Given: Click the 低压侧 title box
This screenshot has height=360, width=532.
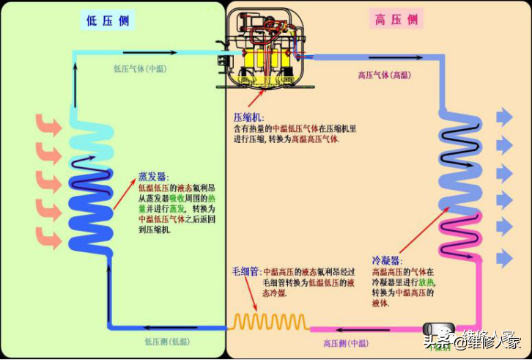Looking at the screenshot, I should (108, 20).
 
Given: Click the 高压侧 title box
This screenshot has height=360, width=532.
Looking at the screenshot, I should (396, 20).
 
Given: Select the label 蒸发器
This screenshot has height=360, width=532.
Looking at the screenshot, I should (153, 177).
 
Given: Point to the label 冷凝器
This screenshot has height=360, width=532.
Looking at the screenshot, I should (385, 260).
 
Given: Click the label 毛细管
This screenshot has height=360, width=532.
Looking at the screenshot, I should (246, 271).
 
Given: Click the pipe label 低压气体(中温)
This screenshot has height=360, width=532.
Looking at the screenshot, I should (140, 70).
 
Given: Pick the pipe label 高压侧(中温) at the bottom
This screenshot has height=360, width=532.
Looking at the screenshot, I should (346, 342).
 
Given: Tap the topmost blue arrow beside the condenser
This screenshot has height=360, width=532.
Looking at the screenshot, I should (505, 117).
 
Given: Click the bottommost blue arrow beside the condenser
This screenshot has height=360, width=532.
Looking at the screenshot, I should (505, 258).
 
